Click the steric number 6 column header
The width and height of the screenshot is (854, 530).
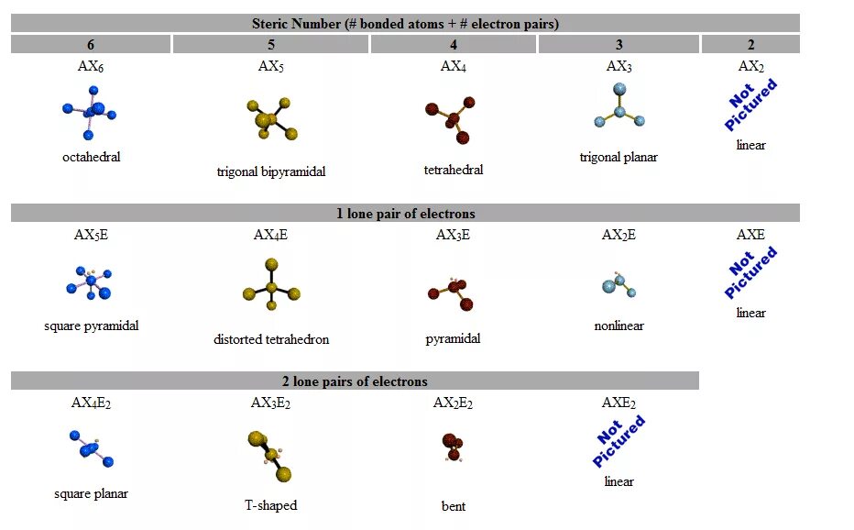pos(91,44)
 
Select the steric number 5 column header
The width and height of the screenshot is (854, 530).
pos(270,44)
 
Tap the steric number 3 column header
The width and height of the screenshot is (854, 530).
pos(619,44)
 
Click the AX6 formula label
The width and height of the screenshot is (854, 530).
pos(91,67)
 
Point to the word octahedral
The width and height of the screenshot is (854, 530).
pos(91,157)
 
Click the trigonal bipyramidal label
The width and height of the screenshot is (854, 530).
pos(271,171)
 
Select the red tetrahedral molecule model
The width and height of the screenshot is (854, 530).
pos(451,118)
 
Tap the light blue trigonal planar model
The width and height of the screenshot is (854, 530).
pos(619,105)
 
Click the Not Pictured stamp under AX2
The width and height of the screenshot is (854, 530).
pos(751,104)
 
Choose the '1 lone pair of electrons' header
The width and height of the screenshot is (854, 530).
pos(405,214)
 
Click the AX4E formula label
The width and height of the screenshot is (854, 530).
pos(270,236)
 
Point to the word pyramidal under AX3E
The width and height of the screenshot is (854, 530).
pos(453,338)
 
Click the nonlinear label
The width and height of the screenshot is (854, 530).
pos(619,326)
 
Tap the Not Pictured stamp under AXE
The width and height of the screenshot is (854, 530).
pos(751,271)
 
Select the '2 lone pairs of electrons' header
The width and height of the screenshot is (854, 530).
pos(355,381)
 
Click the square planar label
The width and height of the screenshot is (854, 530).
pos(91,493)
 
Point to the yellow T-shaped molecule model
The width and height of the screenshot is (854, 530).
pos(271,455)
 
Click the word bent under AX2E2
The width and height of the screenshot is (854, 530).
pos(453,506)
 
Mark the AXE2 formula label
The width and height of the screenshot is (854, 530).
pos(619,403)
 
